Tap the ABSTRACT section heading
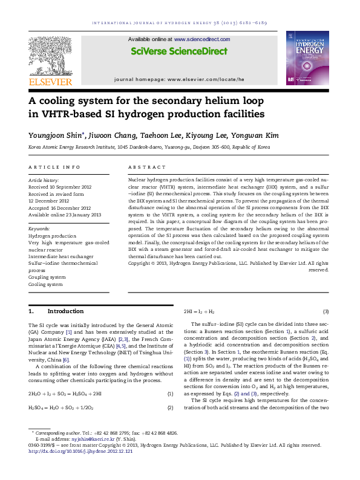click(x=147, y=167)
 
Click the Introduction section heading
click(x=65, y=311)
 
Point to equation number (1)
click(x=170, y=394)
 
